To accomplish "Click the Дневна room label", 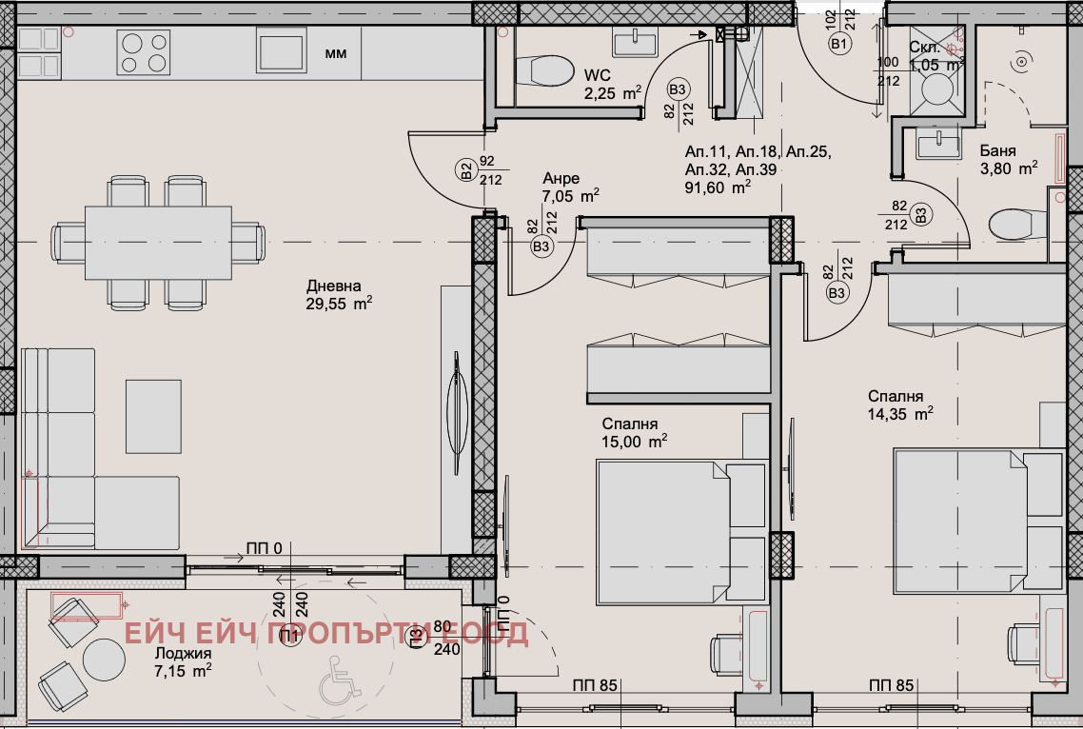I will point(334,286).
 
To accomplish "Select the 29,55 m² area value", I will point(338,305).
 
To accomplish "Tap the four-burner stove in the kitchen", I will point(143,51).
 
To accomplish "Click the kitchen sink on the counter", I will point(280,49).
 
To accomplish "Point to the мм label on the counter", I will point(336,53).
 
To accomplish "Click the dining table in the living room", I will point(158,243).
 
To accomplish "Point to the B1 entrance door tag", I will point(838,44).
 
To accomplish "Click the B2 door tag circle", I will point(466,171).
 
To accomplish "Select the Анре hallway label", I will point(561,179).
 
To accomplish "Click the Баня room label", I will point(997,151).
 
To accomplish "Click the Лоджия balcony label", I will point(182,654).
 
